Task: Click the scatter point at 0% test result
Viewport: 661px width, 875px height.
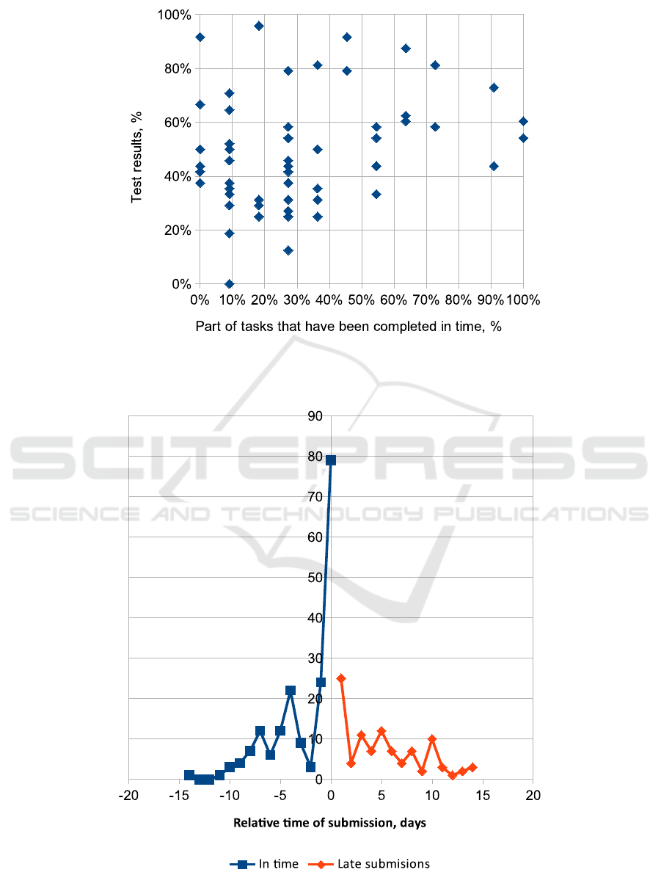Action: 229,284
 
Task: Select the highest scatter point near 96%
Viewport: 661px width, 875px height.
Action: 259,26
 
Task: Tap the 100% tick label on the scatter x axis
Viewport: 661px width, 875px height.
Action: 523,300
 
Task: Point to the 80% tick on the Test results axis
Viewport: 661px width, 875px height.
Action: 177,69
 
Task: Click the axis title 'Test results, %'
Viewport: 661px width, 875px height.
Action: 137,156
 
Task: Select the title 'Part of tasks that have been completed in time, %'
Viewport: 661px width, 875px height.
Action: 348,327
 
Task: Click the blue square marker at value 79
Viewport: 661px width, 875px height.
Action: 331,460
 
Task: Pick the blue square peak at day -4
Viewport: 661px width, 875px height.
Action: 291,691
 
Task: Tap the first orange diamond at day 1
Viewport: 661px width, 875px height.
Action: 341,679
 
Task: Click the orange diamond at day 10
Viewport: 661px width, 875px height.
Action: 432,739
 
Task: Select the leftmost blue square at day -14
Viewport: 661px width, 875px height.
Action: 189,775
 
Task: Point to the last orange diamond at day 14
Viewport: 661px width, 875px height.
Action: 472,767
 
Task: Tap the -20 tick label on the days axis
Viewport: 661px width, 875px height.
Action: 128,796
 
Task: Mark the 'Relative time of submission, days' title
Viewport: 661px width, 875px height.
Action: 329,823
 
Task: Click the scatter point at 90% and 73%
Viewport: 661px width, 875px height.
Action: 494,87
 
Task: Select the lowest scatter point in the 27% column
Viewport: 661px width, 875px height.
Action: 288,250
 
